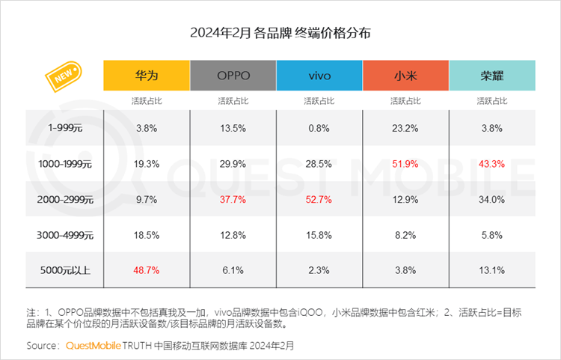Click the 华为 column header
point(146,76)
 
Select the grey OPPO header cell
point(233,76)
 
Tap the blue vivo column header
point(319,76)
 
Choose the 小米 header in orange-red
point(405,76)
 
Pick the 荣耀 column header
point(492,76)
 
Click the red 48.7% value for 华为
point(146,270)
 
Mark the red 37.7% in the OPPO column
point(233,199)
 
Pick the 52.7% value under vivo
point(319,199)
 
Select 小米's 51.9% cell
point(405,163)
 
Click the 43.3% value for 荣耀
point(492,163)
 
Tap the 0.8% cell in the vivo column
point(319,127)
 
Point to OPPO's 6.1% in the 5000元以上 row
point(233,270)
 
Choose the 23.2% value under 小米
point(405,127)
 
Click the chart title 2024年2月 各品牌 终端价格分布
point(280,34)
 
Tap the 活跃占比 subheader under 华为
point(146,100)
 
